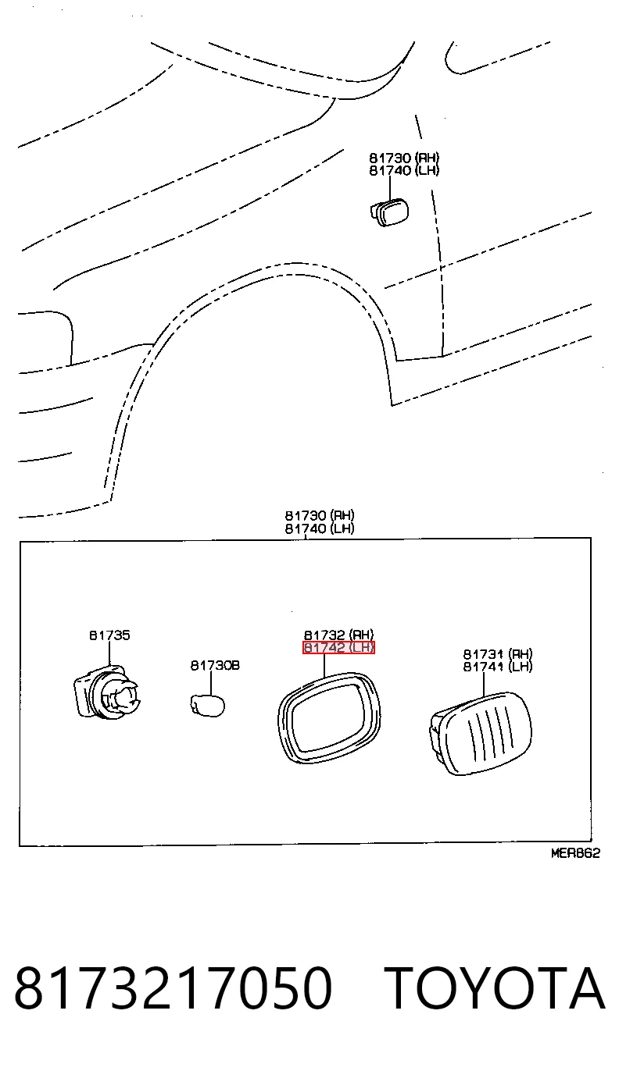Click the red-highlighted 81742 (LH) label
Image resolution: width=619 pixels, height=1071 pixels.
(x=338, y=647)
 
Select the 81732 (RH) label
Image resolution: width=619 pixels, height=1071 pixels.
(x=338, y=635)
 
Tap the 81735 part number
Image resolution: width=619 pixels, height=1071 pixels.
(x=109, y=635)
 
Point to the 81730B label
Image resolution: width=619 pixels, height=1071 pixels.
(x=215, y=665)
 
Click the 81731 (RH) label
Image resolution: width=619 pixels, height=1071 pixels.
(x=497, y=653)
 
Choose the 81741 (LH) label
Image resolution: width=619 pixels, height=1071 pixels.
(x=497, y=667)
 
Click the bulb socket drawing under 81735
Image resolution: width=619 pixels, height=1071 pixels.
(x=107, y=692)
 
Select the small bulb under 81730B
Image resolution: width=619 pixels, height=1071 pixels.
(x=207, y=706)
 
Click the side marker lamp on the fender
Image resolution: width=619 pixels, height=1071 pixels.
(x=389, y=213)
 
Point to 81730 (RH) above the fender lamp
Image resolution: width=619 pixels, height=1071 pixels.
(x=404, y=158)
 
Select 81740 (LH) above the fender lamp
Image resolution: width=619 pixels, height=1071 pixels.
(x=404, y=170)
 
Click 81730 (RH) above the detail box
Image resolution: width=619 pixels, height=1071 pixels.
(x=320, y=515)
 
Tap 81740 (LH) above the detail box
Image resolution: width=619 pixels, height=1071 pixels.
(x=320, y=528)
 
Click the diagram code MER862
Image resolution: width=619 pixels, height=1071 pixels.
(x=575, y=853)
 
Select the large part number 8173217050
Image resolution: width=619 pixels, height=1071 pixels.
(x=174, y=987)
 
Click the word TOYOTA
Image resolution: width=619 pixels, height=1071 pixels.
(x=495, y=987)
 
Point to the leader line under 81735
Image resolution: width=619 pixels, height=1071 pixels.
(x=109, y=653)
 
